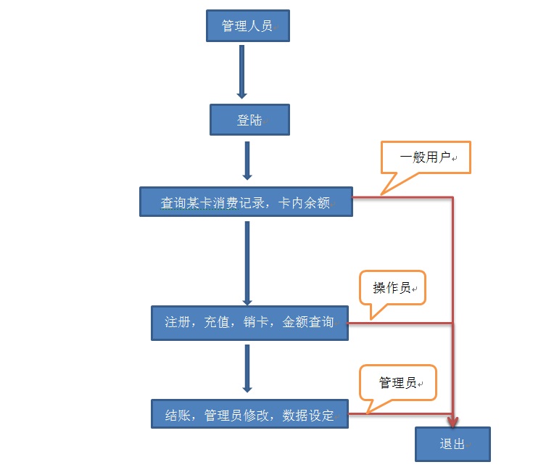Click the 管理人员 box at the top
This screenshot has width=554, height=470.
pyautogui.click(x=247, y=26)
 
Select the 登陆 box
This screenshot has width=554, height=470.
pyautogui.click(x=249, y=120)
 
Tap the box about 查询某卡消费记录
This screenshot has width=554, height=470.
pyautogui.click(x=246, y=202)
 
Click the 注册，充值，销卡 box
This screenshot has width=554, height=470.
pyautogui.click(x=249, y=322)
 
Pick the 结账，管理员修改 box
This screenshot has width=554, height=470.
pyautogui.click(x=249, y=415)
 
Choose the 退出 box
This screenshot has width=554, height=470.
pyautogui.click(x=452, y=444)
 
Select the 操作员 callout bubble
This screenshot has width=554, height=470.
pyautogui.click(x=392, y=288)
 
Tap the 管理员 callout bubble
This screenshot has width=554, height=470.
pyautogui.click(x=398, y=382)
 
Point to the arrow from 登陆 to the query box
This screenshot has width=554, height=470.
pyautogui.click(x=247, y=160)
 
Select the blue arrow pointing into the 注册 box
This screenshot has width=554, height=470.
pyautogui.click(x=247, y=263)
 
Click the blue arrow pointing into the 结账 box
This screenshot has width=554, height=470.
pyautogui.click(x=247, y=369)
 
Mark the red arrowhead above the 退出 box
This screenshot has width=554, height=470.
pyautogui.click(x=454, y=420)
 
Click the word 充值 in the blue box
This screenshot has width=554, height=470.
pyautogui.click(x=217, y=322)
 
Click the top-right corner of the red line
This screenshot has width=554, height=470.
pyautogui.click(x=453, y=197)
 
